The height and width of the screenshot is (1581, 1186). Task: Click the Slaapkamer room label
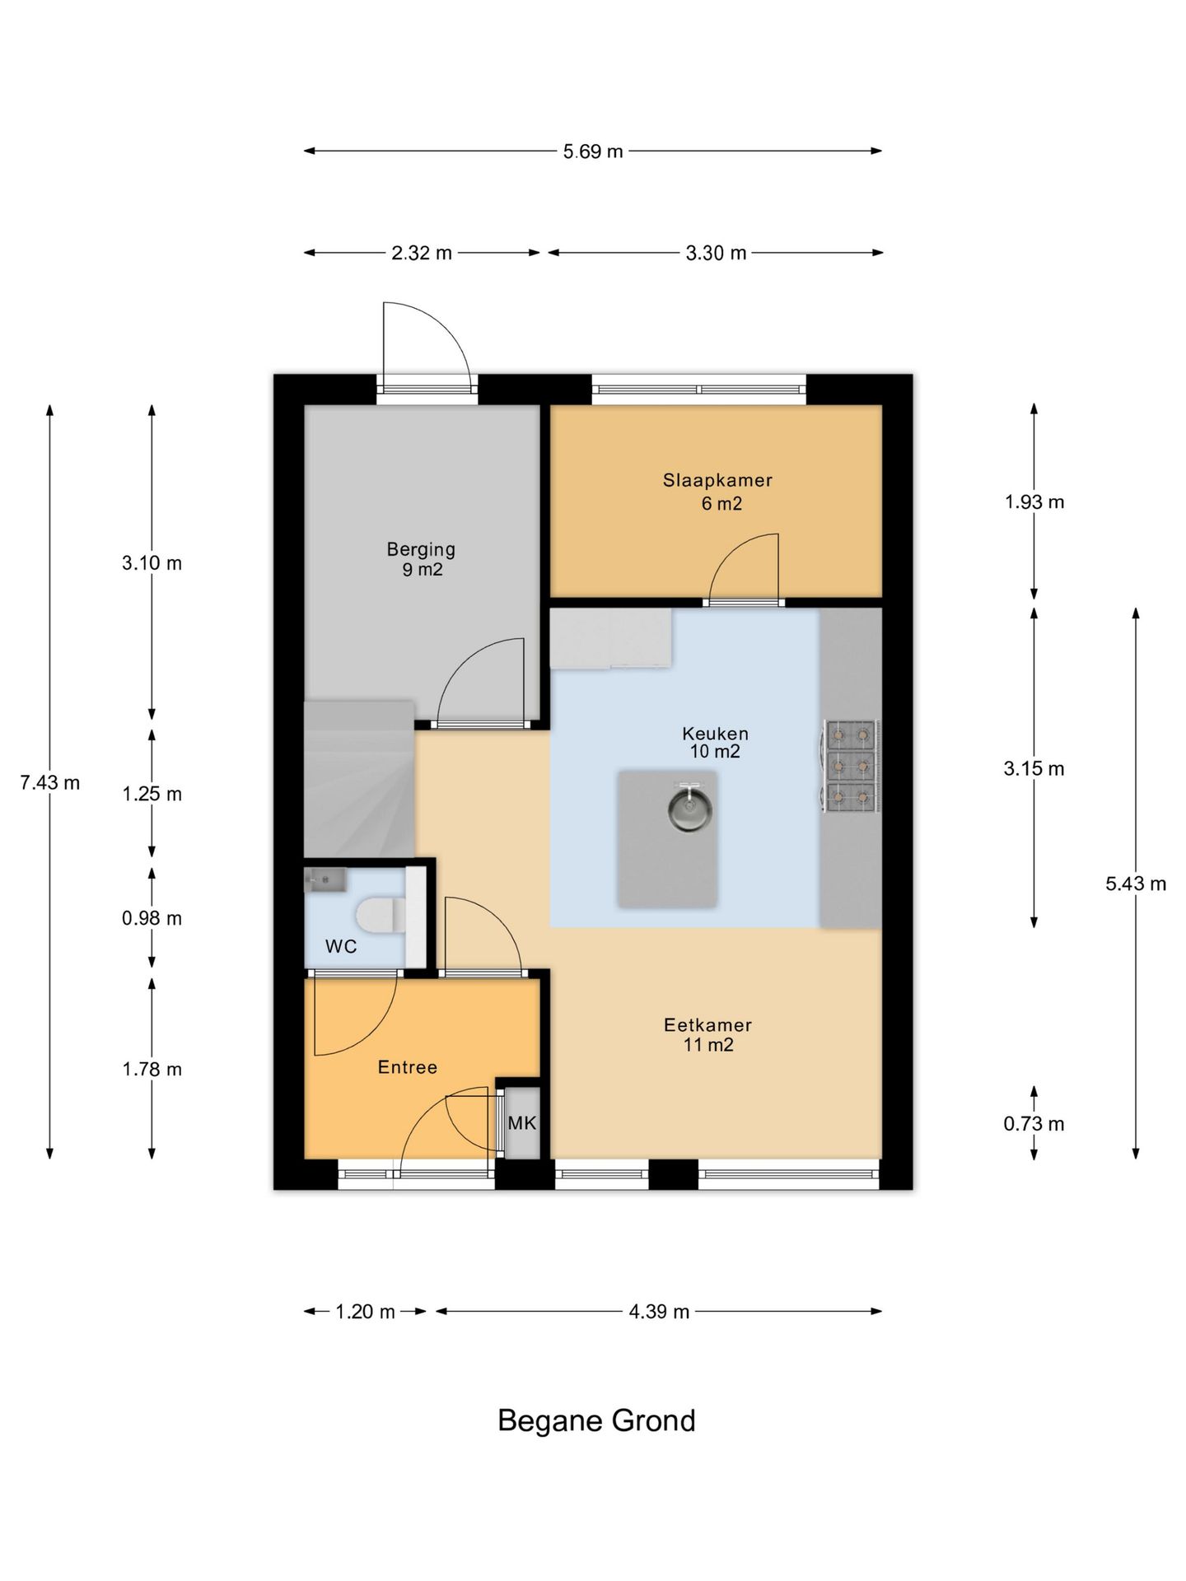tap(717, 480)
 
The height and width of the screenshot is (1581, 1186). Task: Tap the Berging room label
tap(421, 549)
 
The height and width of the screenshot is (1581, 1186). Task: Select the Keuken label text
tap(715, 733)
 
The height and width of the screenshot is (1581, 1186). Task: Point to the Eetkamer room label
tap(707, 1025)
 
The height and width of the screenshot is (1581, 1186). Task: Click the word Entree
tap(407, 1067)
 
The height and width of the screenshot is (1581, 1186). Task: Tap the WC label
tap(341, 946)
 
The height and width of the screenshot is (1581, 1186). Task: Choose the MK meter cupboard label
tap(522, 1122)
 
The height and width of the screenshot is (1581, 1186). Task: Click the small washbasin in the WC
tap(325, 880)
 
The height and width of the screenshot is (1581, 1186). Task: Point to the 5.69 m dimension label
tap(593, 152)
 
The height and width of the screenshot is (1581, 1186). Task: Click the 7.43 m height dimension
tap(50, 783)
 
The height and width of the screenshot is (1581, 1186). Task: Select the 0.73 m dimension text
tap(1034, 1124)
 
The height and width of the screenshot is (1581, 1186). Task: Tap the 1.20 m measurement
tap(365, 1312)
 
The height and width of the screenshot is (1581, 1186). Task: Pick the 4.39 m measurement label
tap(659, 1312)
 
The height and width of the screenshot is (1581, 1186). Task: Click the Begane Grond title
tap(596, 1421)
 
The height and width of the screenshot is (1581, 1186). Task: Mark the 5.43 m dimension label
tap(1136, 884)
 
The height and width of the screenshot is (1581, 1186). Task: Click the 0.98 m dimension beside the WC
tap(152, 918)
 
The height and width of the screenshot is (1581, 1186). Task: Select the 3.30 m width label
tap(716, 254)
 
